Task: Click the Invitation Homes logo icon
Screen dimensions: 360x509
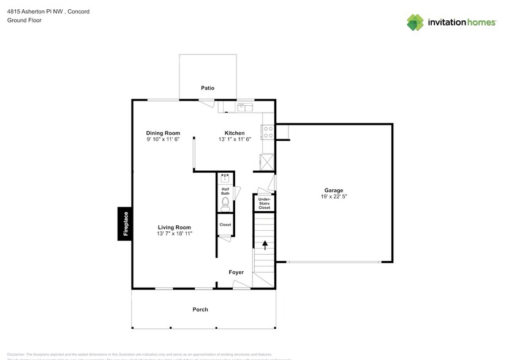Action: (416, 22)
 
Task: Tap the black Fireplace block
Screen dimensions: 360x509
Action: (126, 223)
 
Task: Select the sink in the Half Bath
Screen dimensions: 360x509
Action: (225, 179)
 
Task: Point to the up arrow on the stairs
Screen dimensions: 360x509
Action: (265, 246)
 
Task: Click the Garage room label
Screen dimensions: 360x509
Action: (333, 190)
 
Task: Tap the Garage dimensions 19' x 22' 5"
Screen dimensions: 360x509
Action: (333, 197)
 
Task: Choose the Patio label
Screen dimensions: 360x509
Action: (208, 88)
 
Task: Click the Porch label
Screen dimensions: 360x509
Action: (200, 309)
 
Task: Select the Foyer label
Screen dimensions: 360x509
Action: (236, 272)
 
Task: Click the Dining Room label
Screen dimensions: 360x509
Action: (163, 133)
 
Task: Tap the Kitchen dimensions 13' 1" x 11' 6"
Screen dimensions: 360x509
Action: (235, 140)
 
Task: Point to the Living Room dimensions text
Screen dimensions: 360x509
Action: (175, 233)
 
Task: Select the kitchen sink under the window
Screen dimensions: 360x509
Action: (245, 107)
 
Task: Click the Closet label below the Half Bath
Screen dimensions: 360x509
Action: (225, 225)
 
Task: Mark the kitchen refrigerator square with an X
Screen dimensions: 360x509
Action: (268, 162)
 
